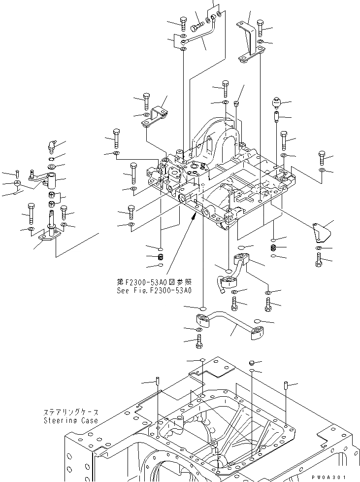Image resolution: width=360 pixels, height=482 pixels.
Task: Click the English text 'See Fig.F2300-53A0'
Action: pos(154,290)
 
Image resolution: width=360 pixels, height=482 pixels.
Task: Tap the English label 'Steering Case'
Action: pos(70,420)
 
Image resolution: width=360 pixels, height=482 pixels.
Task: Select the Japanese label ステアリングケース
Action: pos(70,413)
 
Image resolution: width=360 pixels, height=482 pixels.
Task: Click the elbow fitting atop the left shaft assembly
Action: pos(52,145)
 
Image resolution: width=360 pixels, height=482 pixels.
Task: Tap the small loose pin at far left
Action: pos(17,172)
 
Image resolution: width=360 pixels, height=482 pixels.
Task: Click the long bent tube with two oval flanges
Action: pos(229,328)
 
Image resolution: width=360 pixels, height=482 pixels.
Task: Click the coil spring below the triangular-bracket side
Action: pos(274,247)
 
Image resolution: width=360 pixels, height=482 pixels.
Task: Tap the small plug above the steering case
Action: pos(251,363)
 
